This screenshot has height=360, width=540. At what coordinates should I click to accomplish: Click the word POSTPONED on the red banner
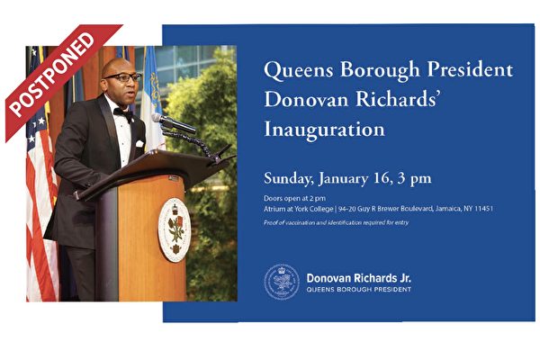[52, 74]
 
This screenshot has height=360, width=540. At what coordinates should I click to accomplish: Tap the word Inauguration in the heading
[324, 130]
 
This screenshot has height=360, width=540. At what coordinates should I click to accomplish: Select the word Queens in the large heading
[299, 70]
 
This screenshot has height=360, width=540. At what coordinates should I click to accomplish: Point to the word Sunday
[287, 179]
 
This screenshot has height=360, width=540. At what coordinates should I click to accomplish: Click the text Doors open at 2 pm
[294, 198]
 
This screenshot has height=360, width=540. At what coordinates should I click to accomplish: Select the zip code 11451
[483, 209]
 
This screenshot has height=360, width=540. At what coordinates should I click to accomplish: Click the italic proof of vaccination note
[336, 222]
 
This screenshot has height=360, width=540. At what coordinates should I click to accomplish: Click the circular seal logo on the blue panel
[282, 282]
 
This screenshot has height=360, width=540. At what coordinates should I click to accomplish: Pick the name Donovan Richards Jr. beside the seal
[358, 278]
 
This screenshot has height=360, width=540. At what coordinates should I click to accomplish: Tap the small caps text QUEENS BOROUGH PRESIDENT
[358, 290]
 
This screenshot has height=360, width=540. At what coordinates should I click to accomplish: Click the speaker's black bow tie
[123, 113]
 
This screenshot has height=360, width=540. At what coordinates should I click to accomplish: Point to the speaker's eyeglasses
[123, 77]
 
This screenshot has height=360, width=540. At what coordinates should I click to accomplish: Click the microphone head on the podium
[173, 123]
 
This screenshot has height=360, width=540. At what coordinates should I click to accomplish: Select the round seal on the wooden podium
[175, 229]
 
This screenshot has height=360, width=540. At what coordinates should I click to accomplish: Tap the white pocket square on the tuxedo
[139, 143]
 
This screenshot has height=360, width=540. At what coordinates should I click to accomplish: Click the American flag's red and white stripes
[41, 220]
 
